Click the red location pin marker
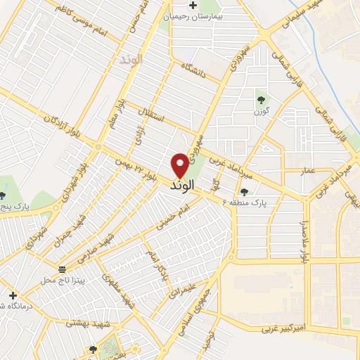180,165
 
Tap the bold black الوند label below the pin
181,188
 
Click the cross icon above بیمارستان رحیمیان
193,5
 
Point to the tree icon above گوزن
261,99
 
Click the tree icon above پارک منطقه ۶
245,191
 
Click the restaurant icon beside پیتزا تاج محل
63,269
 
